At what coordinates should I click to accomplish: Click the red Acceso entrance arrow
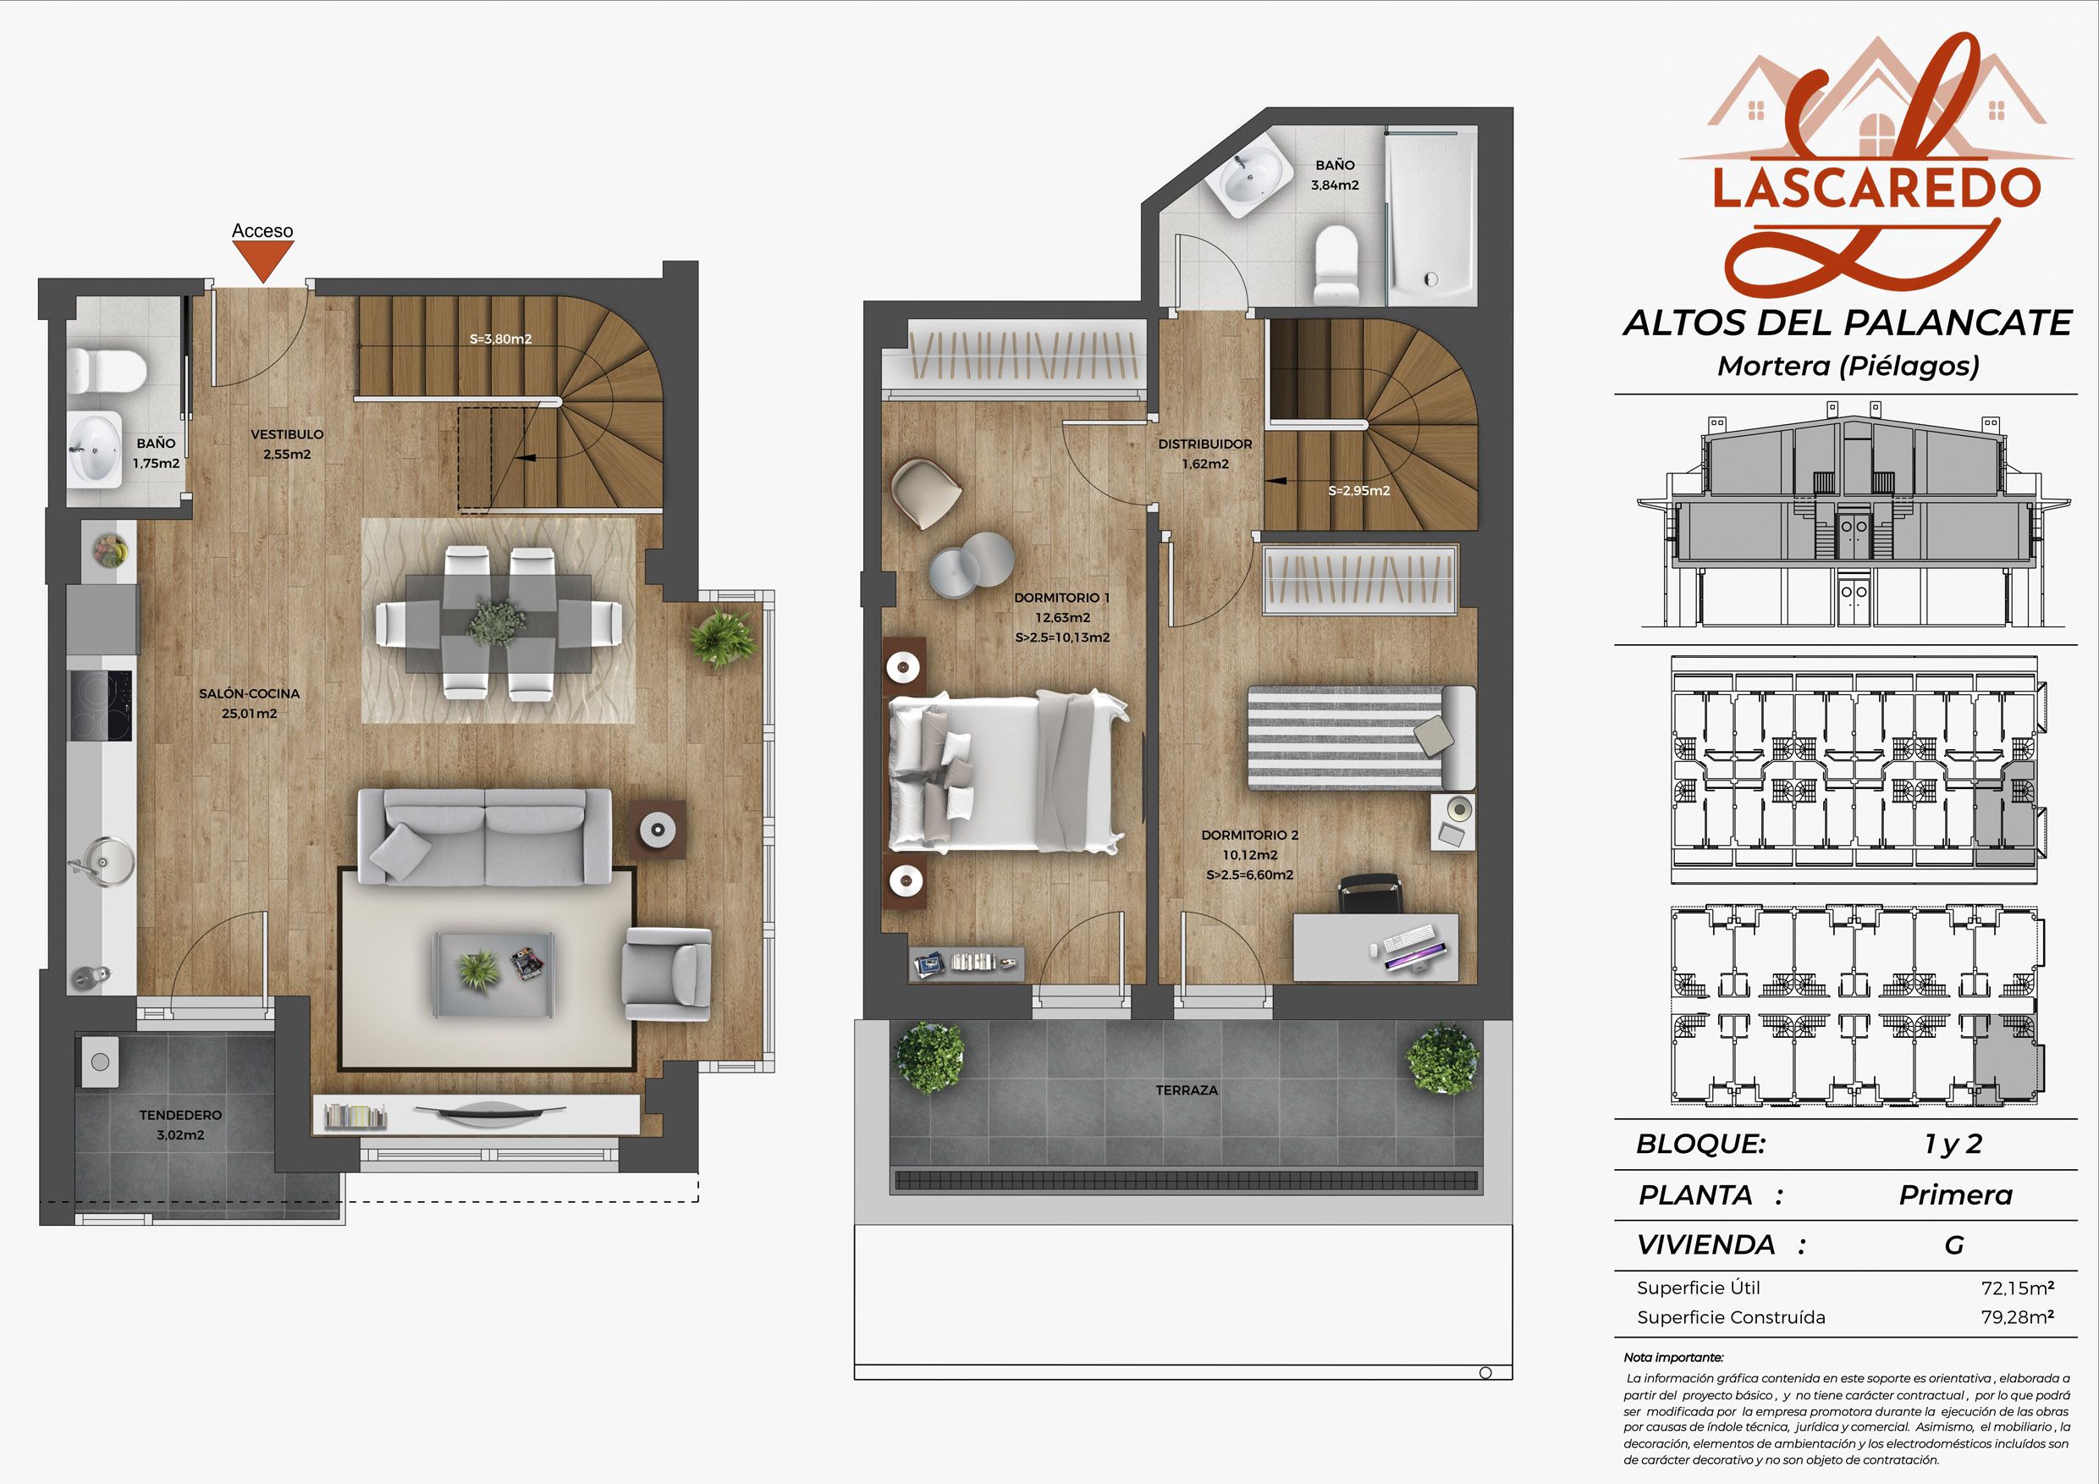click(x=262, y=262)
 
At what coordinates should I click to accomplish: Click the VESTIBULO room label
click(x=287, y=434)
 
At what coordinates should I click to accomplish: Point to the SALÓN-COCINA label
click(x=250, y=693)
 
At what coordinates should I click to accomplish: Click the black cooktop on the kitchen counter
click(x=102, y=705)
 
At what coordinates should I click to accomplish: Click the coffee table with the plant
click(x=493, y=973)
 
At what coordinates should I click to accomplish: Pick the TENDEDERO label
click(x=180, y=1115)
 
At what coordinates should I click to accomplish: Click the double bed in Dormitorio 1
click(x=1006, y=771)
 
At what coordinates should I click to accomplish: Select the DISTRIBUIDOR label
click(x=1205, y=444)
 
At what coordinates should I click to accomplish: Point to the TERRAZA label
click(x=1187, y=1090)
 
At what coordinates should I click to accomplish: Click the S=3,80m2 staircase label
click(x=500, y=339)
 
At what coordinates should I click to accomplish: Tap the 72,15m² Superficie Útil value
click(x=2018, y=1288)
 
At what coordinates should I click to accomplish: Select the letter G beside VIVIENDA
click(x=1953, y=1244)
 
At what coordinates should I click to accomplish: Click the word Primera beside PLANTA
click(x=1955, y=1195)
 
